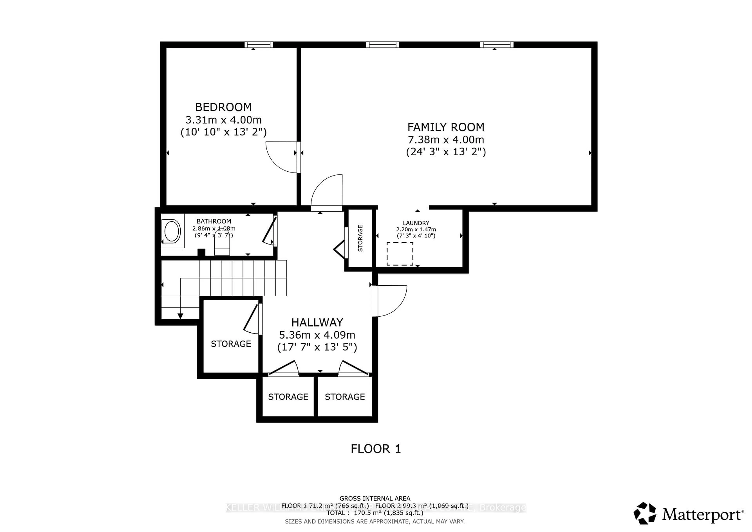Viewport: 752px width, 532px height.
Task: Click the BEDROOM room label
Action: click(223, 107)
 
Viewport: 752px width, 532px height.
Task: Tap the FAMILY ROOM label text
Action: click(446, 127)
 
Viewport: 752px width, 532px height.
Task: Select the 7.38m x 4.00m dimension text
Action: click(446, 140)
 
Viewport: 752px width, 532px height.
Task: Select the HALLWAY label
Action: click(317, 323)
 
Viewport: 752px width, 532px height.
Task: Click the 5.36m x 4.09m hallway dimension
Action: click(317, 335)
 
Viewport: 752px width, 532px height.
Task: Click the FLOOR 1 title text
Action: click(376, 449)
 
